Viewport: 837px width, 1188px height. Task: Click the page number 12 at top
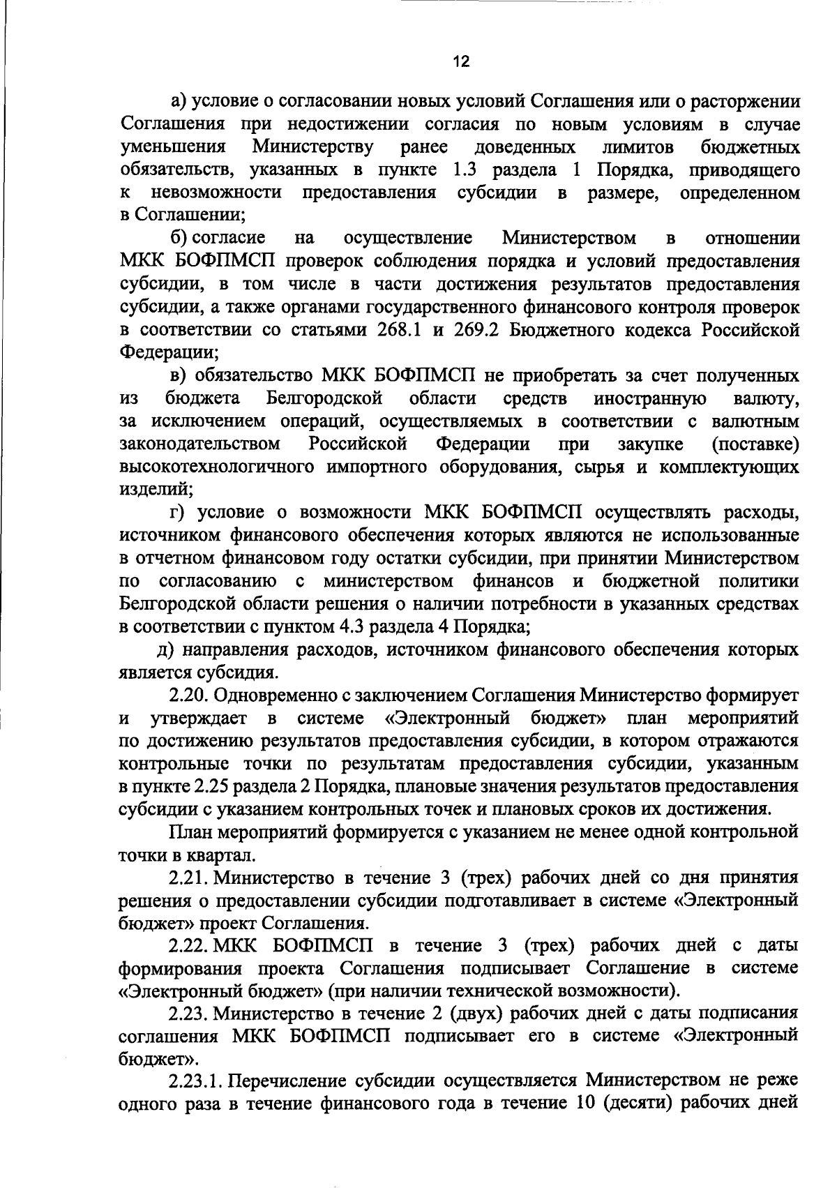pyautogui.click(x=460, y=62)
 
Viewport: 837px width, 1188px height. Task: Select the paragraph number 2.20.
pyautogui.click(x=190, y=695)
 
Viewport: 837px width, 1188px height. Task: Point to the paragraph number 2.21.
pyautogui.click(x=190, y=877)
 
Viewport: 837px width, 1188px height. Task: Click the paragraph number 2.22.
pyautogui.click(x=190, y=945)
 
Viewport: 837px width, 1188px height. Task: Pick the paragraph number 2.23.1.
pyautogui.click(x=197, y=1081)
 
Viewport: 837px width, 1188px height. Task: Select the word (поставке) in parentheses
pyautogui.click(x=755, y=444)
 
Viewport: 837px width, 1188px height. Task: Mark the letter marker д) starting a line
pyautogui.click(x=165, y=649)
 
